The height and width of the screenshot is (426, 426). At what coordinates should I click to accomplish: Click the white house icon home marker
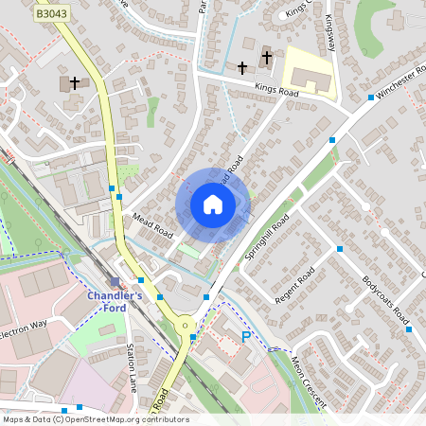pyautogui.click(x=213, y=204)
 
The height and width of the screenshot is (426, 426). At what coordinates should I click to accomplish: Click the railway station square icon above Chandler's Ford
pyautogui.click(x=115, y=282)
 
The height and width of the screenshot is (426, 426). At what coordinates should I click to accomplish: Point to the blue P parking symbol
pyautogui.click(x=247, y=337)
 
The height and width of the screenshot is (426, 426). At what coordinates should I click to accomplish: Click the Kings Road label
pyautogui.click(x=276, y=93)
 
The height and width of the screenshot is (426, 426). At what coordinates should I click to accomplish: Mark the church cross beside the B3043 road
pyautogui.click(x=75, y=83)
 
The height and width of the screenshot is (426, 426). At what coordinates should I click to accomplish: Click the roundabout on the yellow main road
pyautogui.click(x=186, y=326)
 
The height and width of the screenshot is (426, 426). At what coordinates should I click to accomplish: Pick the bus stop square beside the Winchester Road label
pyautogui.click(x=370, y=98)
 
